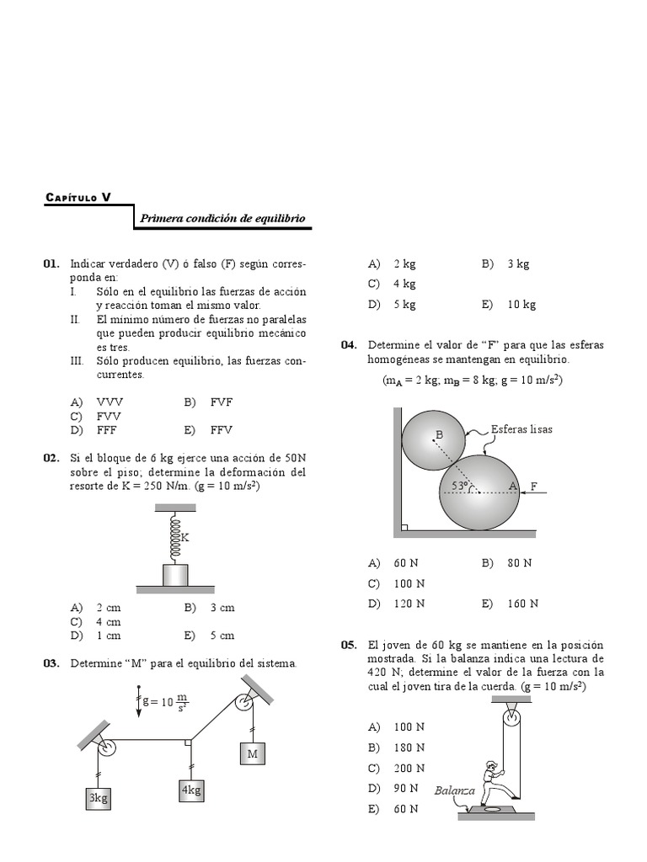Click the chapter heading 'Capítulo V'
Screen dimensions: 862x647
tap(78, 199)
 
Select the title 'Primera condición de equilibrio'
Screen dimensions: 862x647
tap(222, 219)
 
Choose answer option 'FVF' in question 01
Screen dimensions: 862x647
tap(221, 402)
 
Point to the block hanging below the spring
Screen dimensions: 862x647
tap(175, 576)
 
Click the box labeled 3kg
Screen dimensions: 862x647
tap(99, 798)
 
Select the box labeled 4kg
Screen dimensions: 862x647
tap(191, 790)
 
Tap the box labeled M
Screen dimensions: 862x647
tap(252, 754)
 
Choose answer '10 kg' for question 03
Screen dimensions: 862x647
tap(521, 305)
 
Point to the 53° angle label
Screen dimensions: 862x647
tap(459, 486)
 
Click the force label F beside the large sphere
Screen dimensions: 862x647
tap(533, 487)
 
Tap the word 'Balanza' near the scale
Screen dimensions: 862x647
tap(455, 790)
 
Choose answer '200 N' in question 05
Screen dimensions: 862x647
tap(409, 769)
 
